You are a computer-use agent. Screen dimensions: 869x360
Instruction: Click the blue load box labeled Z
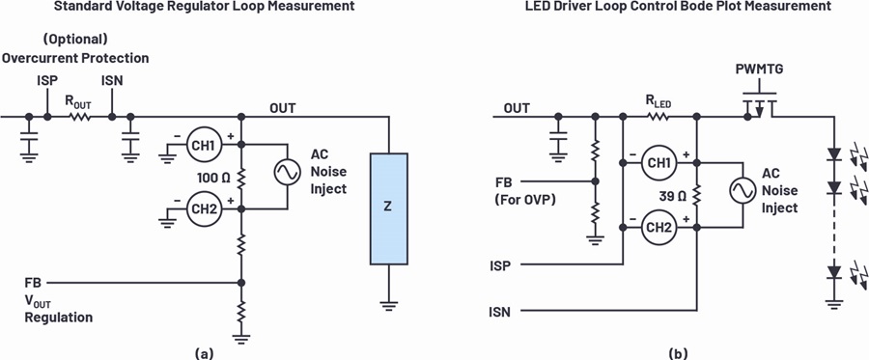[x=389, y=208]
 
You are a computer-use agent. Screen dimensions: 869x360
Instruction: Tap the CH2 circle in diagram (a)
[x=204, y=208]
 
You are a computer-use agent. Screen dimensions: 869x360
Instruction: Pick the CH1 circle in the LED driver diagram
[x=659, y=163]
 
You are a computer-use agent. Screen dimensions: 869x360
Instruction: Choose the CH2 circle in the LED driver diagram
[x=659, y=228]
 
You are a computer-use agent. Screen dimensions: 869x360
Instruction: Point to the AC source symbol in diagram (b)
[x=743, y=191]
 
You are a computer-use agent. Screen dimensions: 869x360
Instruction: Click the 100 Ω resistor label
[x=214, y=178]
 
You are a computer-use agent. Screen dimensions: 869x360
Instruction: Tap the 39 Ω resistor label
[x=671, y=196]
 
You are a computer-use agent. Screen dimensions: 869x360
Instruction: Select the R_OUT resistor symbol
[x=80, y=117]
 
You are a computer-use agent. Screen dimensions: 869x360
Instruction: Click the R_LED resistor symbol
[x=659, y=117]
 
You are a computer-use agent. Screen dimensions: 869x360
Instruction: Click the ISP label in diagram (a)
[x=47, y=81]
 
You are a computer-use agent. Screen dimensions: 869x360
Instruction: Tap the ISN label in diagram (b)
[x=499, y=313]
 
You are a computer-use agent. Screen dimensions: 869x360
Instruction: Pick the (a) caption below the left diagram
[x=204, y=353]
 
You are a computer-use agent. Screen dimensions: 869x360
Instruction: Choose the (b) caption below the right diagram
[x=678, y=353]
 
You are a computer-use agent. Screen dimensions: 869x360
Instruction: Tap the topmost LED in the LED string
[x=833, y=155]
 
